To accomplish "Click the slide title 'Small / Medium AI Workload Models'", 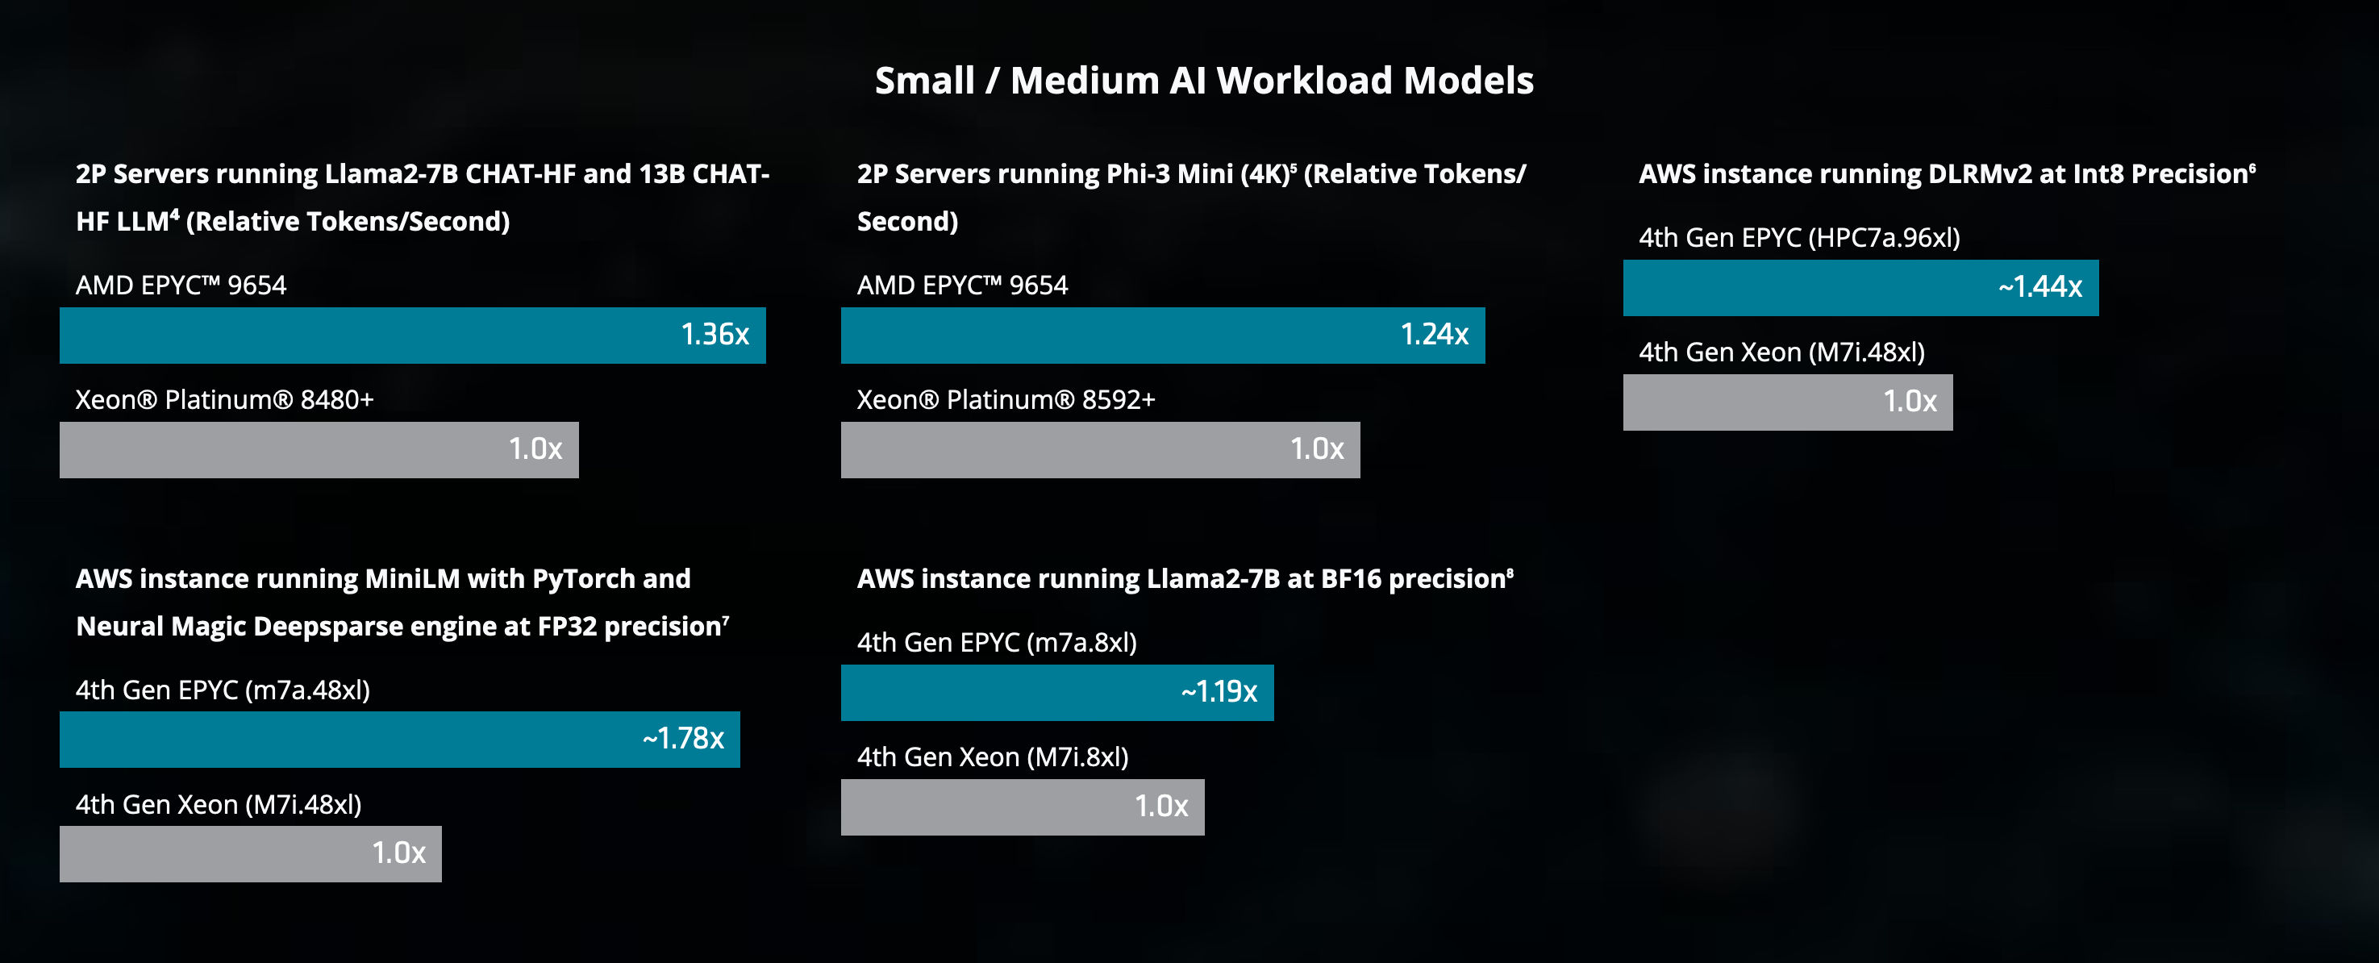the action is point(1204,81).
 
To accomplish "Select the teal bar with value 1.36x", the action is point(413,336).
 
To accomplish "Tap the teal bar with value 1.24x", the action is point(1163,336).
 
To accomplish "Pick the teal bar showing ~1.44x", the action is point(1861,287).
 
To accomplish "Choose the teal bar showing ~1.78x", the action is point(400,739).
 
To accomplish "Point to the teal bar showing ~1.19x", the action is point(1057,693).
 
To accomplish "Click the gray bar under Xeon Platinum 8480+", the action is point(319,450).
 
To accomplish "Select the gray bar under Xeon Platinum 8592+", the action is point(1101,450).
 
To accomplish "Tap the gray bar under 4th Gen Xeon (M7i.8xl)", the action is point(1023,807).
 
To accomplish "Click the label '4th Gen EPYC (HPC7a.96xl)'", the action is point(1799,237).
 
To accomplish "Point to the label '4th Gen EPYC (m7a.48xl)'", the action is point(223,690).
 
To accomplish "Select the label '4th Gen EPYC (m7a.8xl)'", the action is point(997,643).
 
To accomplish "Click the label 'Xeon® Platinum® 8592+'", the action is point(1006,400).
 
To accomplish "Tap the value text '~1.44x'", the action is point(2040,287).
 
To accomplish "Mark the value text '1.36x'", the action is point(715,334).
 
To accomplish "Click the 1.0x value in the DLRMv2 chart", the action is point(1910,401).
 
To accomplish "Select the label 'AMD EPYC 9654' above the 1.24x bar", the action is point(962,286).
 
